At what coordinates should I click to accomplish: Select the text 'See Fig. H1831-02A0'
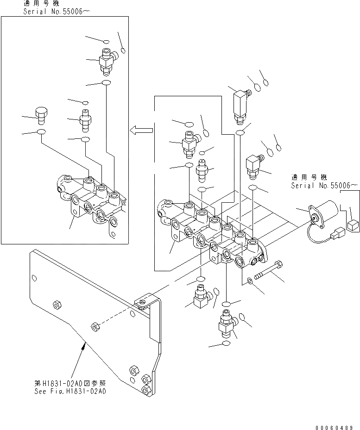pos(70,390)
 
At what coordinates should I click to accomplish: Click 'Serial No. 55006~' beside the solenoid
pos(324,185)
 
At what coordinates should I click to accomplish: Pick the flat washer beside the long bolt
pos(250,280)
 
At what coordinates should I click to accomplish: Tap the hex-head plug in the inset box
pos(40,114)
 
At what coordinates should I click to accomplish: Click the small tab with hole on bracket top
pos(142,302)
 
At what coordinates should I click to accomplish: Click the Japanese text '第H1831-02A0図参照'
pos(70,382)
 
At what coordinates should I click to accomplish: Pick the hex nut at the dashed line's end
pos(95,327)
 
